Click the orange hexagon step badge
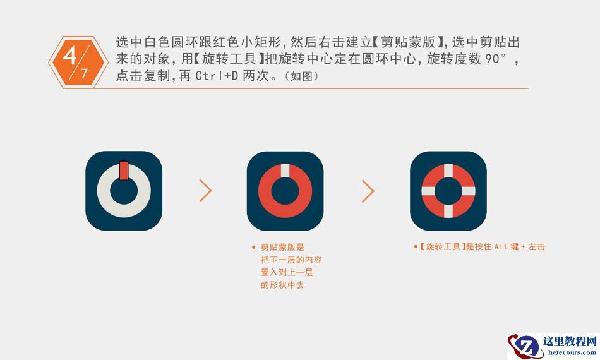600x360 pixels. tap(73, 62)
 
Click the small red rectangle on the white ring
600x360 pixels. tap(124, 171)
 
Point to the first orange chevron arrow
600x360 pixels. tap(206, 191)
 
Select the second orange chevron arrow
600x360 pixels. tap(368, 191)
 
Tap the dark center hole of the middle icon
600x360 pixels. tap(285, 191)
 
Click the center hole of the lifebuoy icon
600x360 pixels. tap(448, 191)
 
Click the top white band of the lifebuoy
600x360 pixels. tap(448, 171)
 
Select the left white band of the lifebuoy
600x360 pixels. tap(428, 191)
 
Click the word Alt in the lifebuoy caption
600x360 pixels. tap(501, 247)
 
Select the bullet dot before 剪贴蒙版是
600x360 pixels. tap(253, 248)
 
